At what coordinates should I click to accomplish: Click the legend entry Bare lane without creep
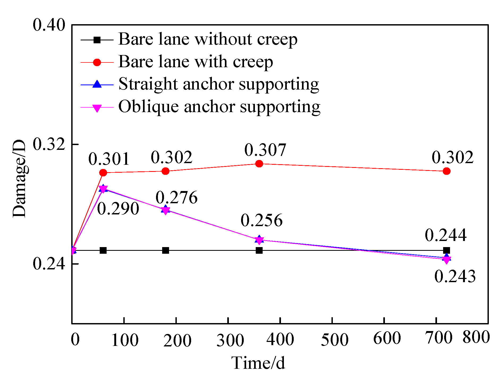[208, 39]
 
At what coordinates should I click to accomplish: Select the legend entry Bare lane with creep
[195, 62]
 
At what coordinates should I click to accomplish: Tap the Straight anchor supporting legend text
[219, 84]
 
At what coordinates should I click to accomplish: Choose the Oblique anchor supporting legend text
[219, 107]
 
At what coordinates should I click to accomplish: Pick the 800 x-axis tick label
[476, 337]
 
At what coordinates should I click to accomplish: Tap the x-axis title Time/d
[258, 363]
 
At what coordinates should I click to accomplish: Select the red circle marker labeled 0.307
[259, 164]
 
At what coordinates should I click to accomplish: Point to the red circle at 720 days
[447, 171]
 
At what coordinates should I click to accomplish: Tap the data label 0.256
[262, 220]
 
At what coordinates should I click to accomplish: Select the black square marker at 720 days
[447, 250]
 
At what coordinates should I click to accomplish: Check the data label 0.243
[455, 276]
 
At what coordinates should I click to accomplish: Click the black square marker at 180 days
[166, 250]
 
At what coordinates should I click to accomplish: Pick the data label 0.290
[118, 209]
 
